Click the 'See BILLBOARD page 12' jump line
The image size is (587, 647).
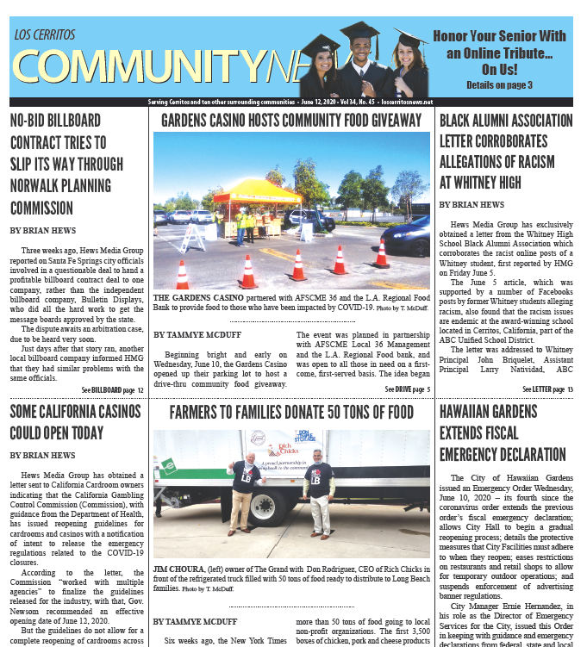coord(112,389)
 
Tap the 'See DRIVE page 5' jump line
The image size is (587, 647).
coord(407,389)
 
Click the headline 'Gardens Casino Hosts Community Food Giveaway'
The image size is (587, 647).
coord(291,120)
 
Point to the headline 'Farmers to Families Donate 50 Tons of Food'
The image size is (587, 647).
coord(291,412)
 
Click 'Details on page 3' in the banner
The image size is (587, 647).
coord(499,84)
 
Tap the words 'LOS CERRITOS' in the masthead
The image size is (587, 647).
coord(45,34)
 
